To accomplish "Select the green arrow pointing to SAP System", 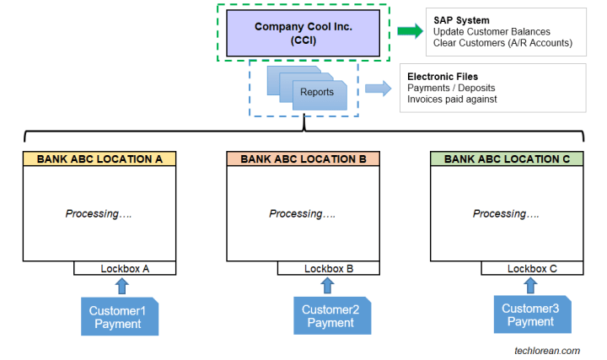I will click(410, 32).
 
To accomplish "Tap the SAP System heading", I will click(461, 20).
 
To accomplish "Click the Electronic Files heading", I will click(443, 77).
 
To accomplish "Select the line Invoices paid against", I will click(452, 99).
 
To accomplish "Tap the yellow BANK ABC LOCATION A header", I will click(99, 159).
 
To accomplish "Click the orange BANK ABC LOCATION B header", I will click(303, 159).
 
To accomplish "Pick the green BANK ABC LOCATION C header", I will click(507, 159).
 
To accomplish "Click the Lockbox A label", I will click(125, 269).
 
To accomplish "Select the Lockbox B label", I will click(329, 269).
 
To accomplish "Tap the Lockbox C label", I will click(532, 269).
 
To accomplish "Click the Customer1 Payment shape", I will click(119, 316).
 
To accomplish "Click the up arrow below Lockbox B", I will click(330, 286).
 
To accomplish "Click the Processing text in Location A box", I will click(99, 214).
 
